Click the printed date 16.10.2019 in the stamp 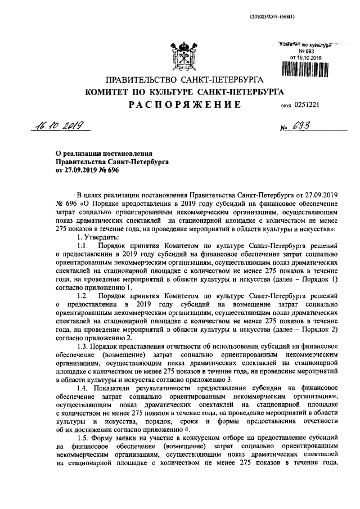[x=305, y=57]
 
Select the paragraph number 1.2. [x=83, y=295]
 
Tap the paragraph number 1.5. [x=83, y=437]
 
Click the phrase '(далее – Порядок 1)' [x=306, y=279]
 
